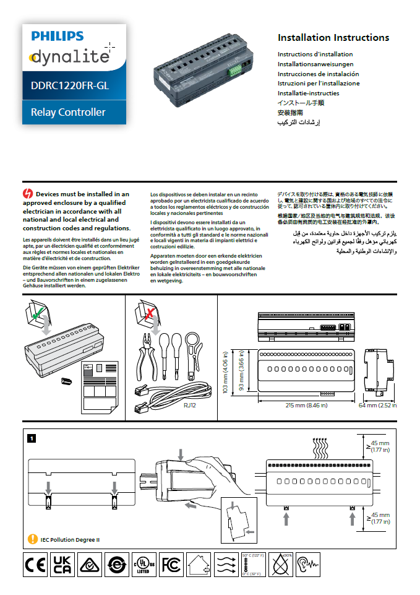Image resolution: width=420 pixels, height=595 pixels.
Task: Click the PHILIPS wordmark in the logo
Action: (x=58, y=37)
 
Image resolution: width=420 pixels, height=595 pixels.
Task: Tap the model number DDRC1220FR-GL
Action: (x=69, y=86)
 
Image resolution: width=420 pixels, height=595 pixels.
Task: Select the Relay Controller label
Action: (x=68, y=112)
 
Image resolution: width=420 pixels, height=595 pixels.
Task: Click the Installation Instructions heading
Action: (x=333, y=38)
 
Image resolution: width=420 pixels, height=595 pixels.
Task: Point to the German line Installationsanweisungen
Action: (x=315, y=64)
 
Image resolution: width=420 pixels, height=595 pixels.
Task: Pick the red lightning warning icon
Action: (x=28, y=194)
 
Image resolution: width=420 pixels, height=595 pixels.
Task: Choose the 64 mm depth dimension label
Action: (x=377, y=406)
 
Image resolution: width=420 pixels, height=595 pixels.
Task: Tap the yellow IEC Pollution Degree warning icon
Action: (x=33, y=539)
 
